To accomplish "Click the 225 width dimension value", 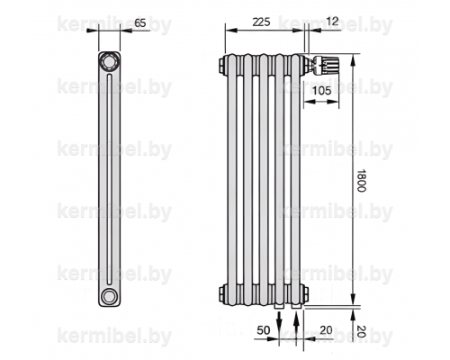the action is [x=261, y=22].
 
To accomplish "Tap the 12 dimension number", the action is [x=332, y=22].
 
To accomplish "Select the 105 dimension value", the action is [x=321, y=90].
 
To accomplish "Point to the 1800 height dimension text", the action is [x=361, y=180].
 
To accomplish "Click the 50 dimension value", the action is [x=264, y=330].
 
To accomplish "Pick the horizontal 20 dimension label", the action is [x=326, y=330].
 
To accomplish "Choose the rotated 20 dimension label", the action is [x=361, y=331].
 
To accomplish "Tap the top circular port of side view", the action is [x=108, y=62].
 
